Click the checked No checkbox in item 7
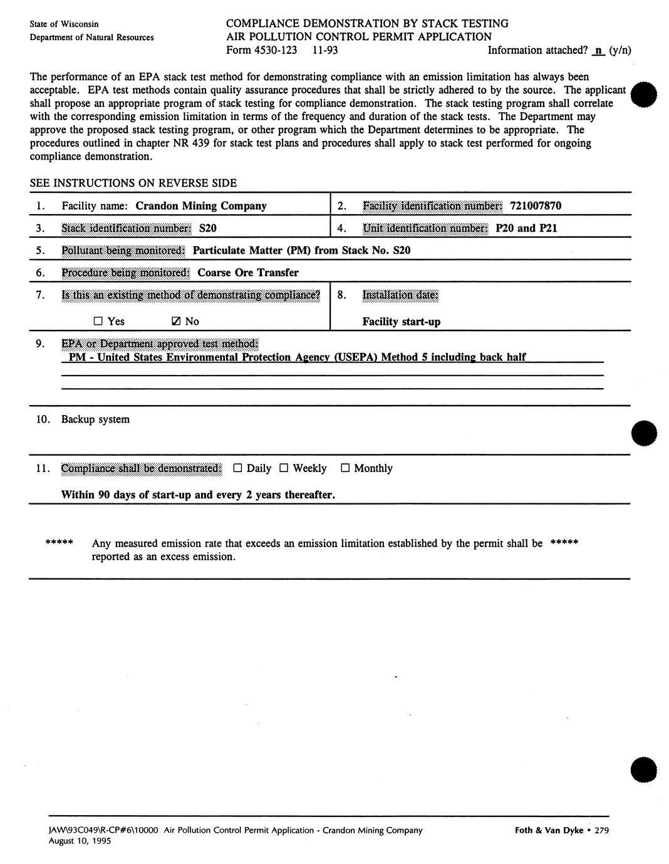point(176,321)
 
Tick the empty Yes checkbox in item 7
point(98,321)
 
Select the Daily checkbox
point(237,468)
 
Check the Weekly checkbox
point(284,468)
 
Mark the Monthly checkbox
point(345,468)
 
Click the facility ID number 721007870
point(536,205)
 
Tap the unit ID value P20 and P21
point(526,228)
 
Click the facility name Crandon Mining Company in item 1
point(201,205)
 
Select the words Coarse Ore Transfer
point(248,272)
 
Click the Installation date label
point(400,295)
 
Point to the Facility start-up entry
point(401,322)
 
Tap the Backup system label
point(95,419)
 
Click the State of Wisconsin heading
point(64,24)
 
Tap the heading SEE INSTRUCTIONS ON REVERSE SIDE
point(133,183)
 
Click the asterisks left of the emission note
point(60,543)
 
